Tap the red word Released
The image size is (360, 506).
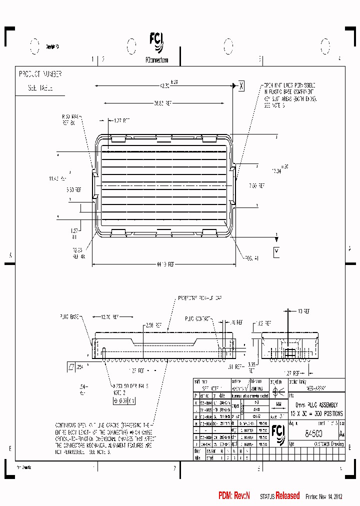[287, 495]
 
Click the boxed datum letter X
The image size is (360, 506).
[241, 86]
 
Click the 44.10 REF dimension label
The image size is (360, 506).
[164, 264]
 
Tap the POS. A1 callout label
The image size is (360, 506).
[251, 258]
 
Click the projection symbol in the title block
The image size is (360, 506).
[279, 391]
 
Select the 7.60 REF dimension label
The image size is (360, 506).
[257, 185]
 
